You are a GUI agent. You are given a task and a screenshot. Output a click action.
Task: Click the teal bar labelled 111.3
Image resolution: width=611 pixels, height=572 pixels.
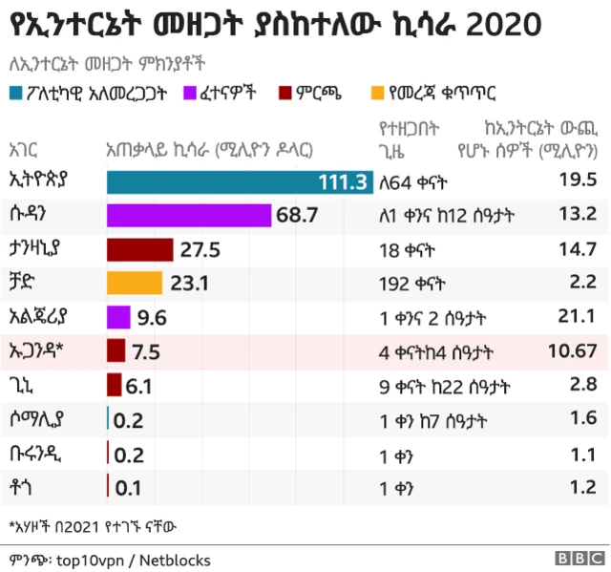pyautogui.click(x=239, y=181)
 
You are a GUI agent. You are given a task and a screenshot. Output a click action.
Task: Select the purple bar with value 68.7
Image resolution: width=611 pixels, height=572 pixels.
pyautogui.click(x=188, y=216)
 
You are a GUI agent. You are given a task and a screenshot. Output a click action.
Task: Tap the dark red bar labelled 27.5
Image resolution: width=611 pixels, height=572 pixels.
pyautogui.click(x=139, y=250)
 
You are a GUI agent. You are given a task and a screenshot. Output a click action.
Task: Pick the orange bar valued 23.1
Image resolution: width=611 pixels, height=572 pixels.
pyautogui.click(x=134, y=284)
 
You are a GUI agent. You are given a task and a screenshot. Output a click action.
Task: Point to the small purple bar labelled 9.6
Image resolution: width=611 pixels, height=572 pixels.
pyautogui.click(x=118, y=317)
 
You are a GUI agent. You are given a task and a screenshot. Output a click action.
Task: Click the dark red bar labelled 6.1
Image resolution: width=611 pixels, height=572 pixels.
pyautogui.click(x=114, y=385)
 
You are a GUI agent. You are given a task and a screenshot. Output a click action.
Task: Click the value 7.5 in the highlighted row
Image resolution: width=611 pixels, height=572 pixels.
pyautogui.click(x=147, y=351)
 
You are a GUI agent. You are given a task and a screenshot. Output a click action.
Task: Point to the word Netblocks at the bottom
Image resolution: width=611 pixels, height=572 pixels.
pyautogui.click(x=176, y=560)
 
